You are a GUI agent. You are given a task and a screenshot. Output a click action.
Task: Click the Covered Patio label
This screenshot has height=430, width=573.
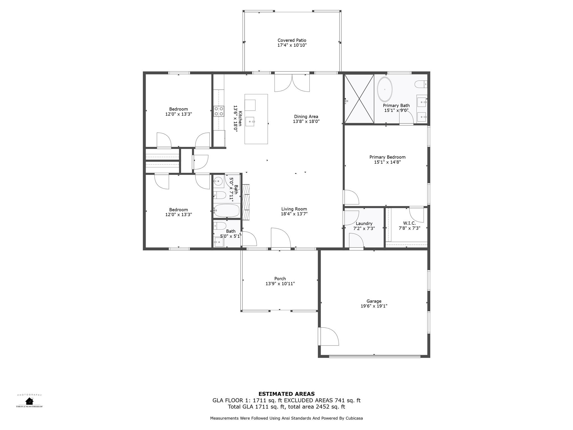pyautogui.click(x=292, y=40)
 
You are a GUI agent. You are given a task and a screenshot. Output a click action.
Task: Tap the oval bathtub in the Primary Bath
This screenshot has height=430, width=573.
pyautogui.click(x=385, y=89)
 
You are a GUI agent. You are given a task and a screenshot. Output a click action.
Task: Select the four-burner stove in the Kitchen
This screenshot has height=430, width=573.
pyautogui.click(x=219, y=111)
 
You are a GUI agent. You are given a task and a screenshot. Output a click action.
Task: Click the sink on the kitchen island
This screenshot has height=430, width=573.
pyautogui.click(x=250, y=122)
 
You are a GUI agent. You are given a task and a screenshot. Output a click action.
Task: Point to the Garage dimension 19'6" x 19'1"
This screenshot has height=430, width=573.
pyautogui.click(x=374, y=306)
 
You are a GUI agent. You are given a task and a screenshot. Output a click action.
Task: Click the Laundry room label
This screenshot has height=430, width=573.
pyautogui.click(x=364, y=223)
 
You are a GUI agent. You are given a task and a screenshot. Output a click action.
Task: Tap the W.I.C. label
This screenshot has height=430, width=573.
pyautogui.click(x=409, y=223)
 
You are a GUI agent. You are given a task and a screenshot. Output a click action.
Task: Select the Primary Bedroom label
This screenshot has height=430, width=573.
pyautogui.click(x=387, y=157)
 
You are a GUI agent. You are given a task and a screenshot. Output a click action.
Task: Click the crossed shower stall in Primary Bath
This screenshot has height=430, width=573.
pyautogui.click(x=359, y=99)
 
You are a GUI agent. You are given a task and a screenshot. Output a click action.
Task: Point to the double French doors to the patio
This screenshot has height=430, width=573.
pyautogui.click(x=292, y=83)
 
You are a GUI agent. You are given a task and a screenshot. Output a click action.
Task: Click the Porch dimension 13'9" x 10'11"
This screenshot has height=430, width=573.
pyautogui.click(x=280, y=284)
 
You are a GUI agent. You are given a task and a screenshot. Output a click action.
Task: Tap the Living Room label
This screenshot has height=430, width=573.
pyautogui.click(x=294, y=209)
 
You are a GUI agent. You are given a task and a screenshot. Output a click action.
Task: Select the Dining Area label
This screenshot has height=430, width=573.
pyautogui.click(x=306, y=116)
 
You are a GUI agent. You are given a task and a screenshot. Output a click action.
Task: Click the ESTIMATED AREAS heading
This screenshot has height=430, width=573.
pyautogui.click(x=286, y=394)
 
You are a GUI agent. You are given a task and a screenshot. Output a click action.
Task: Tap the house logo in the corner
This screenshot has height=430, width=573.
pyautogui.click(x=29, y=401)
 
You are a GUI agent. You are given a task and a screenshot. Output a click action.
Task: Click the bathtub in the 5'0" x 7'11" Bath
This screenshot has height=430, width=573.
pyautogui.click(x=227, y=211)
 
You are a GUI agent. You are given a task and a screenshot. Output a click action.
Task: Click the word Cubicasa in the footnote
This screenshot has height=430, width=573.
pyautogui.click(x=354, y=418)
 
